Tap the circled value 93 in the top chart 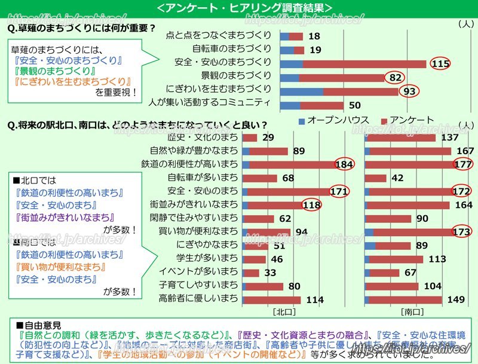(x=409, y=90)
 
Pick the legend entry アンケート (x=412, y=120)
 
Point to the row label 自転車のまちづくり (x=232, y=49)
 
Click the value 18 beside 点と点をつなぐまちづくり (x=314, y=36)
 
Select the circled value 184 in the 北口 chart (x=345, y=164)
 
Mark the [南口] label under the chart (x=412, y=312)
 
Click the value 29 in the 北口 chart (x=268, y=138)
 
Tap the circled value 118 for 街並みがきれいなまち (x=311, y=205)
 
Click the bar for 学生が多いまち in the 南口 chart (x=394, y=259)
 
